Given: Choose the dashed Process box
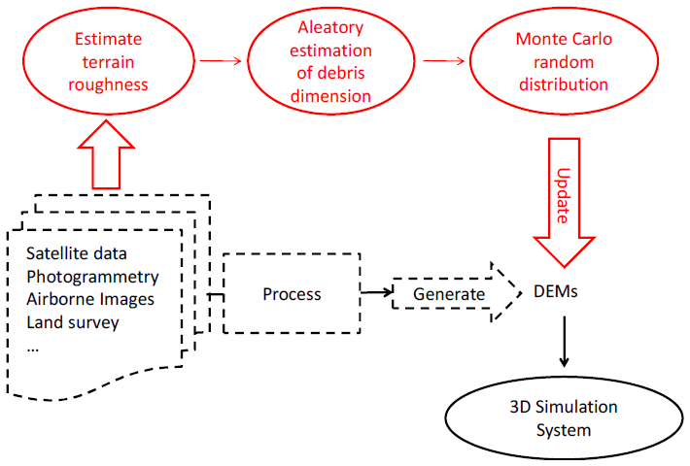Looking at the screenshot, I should click(292, 293).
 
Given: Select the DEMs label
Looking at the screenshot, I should click(557, 290).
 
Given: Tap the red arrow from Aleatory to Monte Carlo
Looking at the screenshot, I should click(446, 60).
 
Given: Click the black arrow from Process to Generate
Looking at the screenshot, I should click(375, 291).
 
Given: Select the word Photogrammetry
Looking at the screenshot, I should click(92, 278).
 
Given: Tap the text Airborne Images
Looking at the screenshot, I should click(90, 299).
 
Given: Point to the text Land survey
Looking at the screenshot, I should click(73, 321).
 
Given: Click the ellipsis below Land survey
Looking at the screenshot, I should click(33, 345).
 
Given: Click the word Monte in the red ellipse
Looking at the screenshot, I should click(539, 41).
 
